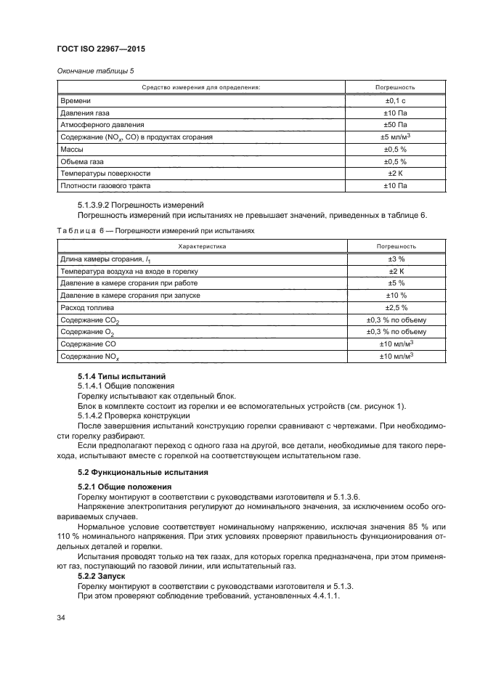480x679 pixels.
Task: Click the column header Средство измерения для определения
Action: point(201,87)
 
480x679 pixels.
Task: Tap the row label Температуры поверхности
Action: point(105,174)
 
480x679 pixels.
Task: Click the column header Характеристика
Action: point(202,246)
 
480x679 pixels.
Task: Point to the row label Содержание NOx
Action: point(91,357)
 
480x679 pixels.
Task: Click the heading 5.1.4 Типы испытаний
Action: point(122,376)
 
